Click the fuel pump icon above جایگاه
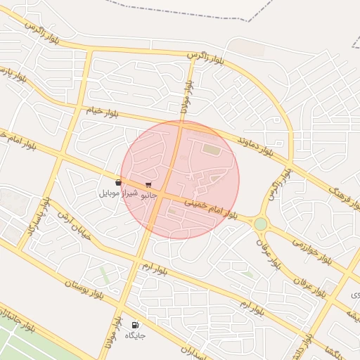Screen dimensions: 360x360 134,325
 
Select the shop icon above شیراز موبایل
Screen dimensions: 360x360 117,183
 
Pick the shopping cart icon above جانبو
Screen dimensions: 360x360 148,184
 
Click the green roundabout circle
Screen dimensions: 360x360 261,224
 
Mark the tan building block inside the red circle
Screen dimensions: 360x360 211,148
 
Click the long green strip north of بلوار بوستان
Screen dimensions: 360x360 105,274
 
